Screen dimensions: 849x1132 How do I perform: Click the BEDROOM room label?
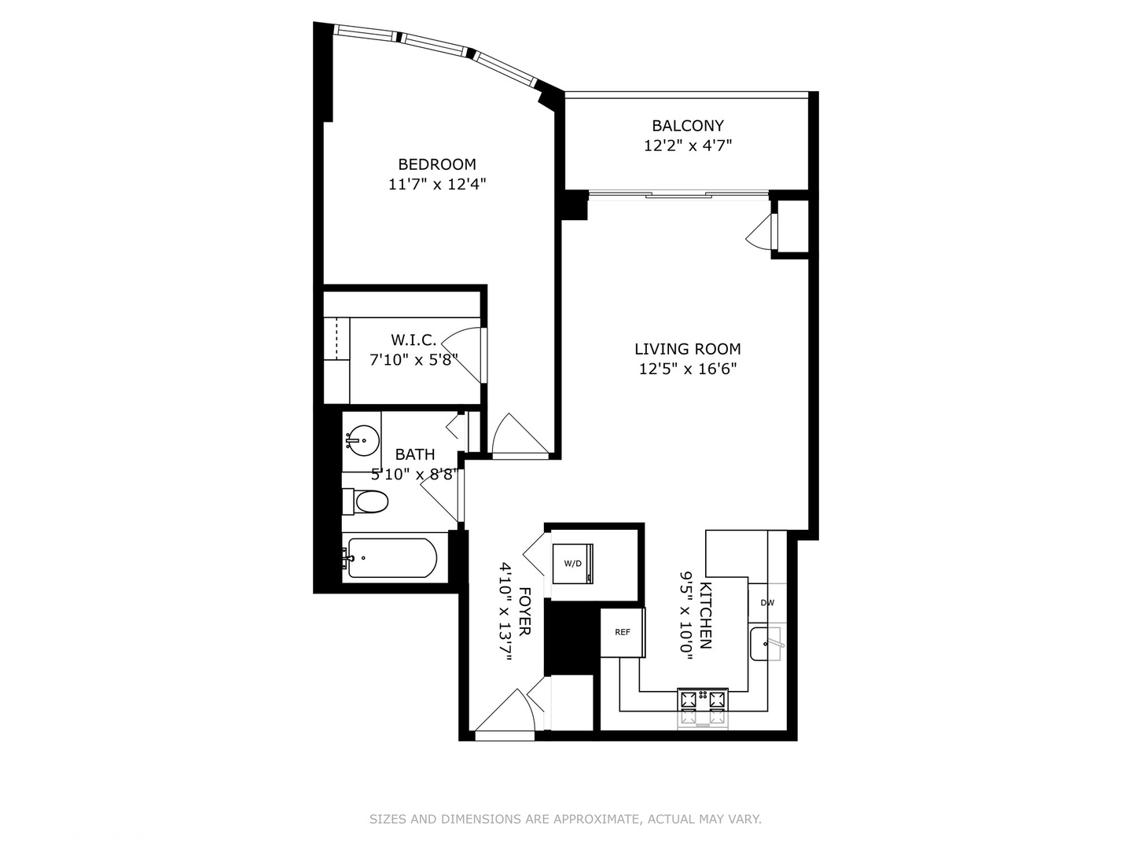pos(437,164)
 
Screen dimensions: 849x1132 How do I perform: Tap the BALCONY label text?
pos(687,125)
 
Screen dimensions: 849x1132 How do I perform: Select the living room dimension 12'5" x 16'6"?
pos(687,369)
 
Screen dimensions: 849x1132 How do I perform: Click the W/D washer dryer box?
pos(573,564)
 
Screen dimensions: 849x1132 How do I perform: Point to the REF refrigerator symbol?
pos(623,632)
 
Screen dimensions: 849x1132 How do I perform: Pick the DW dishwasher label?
pos(766,603)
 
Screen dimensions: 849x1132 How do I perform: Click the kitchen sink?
pos(765,645)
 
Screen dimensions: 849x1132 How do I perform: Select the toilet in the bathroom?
pos(366,501)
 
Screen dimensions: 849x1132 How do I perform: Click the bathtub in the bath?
pos(391,558)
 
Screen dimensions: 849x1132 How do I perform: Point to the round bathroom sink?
pos(362,438)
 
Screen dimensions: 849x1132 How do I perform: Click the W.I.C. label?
pos(413,340)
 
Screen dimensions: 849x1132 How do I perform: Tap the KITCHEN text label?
pos(705,616)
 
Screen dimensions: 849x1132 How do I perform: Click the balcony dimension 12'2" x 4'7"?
pos(687,145)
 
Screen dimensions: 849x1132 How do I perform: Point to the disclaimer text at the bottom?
pos(565,819)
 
